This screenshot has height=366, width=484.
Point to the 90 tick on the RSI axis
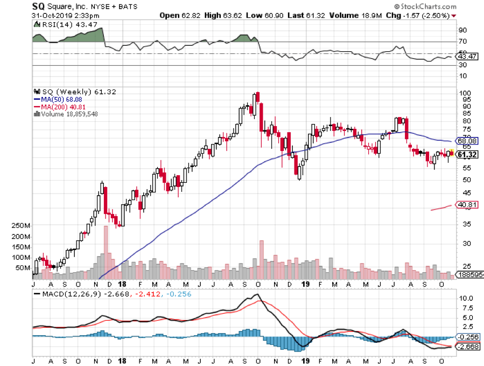pyautogui.click(x=462, y=30)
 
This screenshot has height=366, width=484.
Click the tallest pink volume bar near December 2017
pyautogui.click(x=106, y=251)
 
